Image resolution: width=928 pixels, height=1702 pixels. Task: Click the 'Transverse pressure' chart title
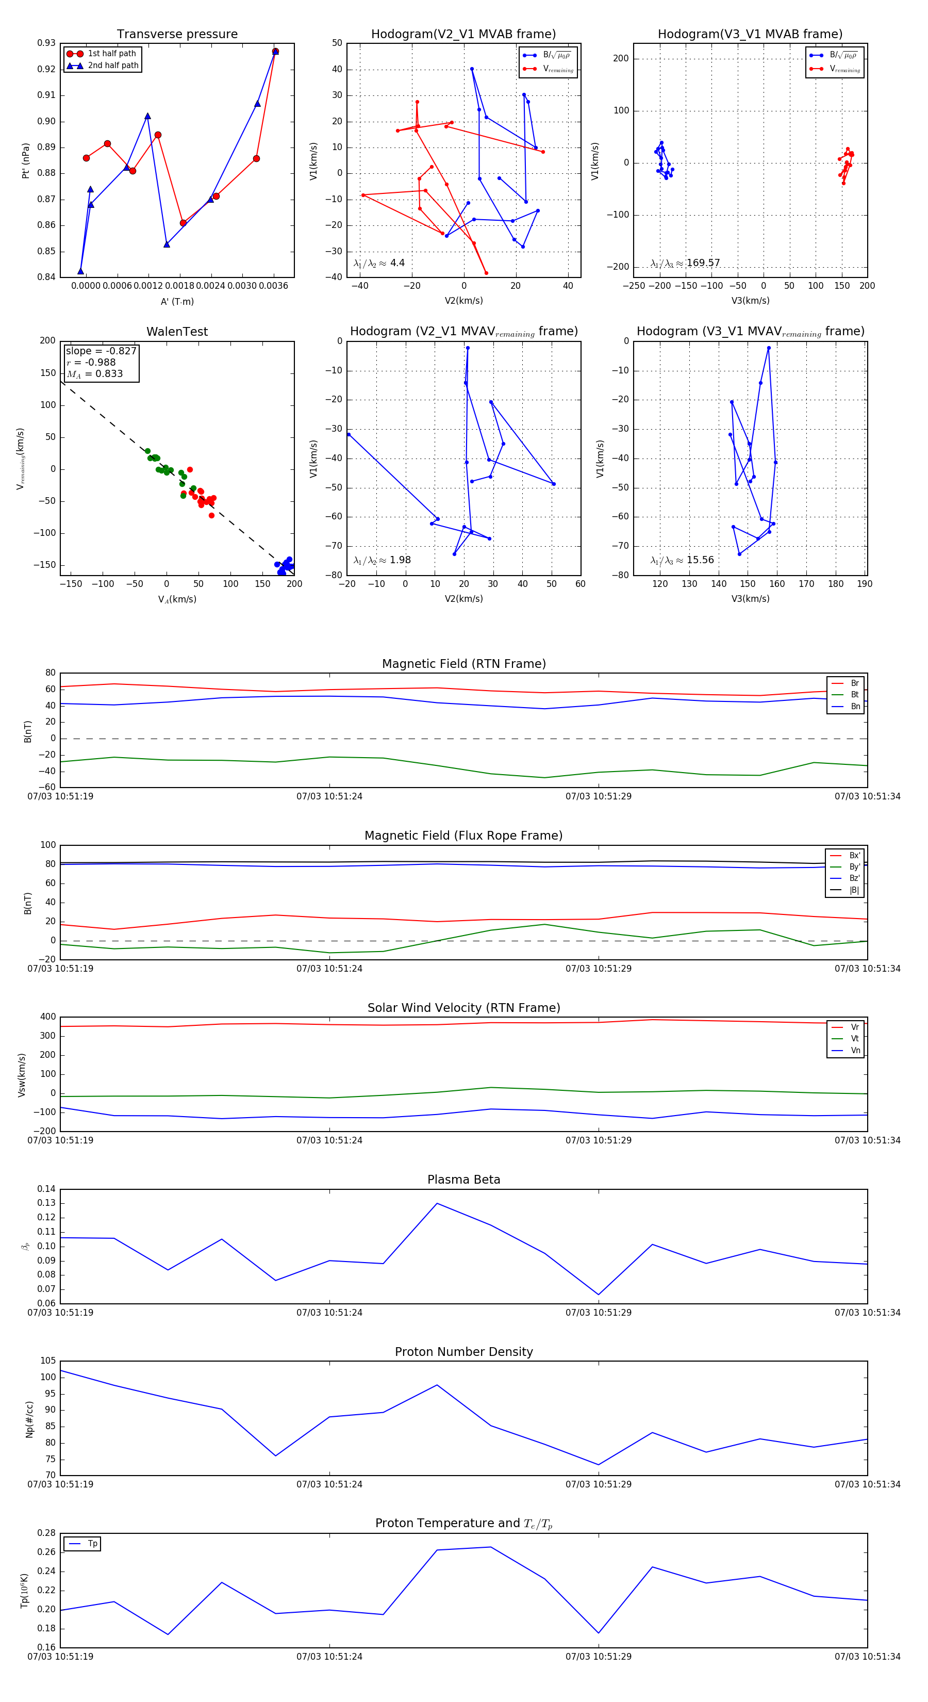click(x=177, y=35)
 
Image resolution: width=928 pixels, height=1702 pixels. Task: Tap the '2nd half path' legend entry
click(x=113, y=66)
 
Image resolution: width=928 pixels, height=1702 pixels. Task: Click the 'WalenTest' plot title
click(x=177, y=332)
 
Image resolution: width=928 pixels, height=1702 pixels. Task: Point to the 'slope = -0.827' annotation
click(x=101, y=351)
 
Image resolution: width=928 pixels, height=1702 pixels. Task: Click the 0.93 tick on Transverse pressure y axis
click(x=46, y=43)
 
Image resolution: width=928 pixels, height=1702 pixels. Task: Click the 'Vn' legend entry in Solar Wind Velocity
click(x=855, y=1051)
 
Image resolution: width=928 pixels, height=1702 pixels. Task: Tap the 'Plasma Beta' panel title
click(x=463, y=1180)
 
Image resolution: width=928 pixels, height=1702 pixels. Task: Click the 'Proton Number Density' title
click(x=463, y=1352)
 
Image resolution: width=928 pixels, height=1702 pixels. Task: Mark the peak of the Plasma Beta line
click(x=437, y=1203)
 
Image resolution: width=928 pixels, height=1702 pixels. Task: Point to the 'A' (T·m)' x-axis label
click(x=177, y=301)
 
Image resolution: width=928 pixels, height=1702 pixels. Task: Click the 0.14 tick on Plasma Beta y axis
click(x=46, y=1189)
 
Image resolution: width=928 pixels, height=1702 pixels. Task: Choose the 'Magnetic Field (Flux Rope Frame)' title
click(x=463, y=836)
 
